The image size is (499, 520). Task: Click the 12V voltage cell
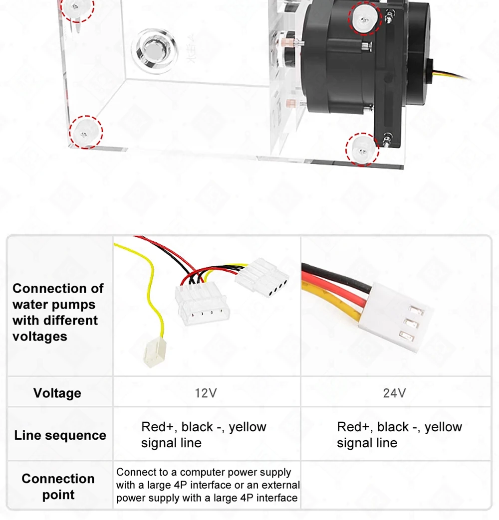tap(206, 393)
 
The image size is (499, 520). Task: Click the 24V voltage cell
tap(394, 393)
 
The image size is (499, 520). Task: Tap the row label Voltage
tap(57, 393)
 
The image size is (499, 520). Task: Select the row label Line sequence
tap(60, 435)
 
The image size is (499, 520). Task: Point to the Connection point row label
tap(58, 487)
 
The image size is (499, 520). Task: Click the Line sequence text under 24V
tap(399, 435)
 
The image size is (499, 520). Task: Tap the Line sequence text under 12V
tap(204, 435)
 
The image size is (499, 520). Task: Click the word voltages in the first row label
tap(39, 337)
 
